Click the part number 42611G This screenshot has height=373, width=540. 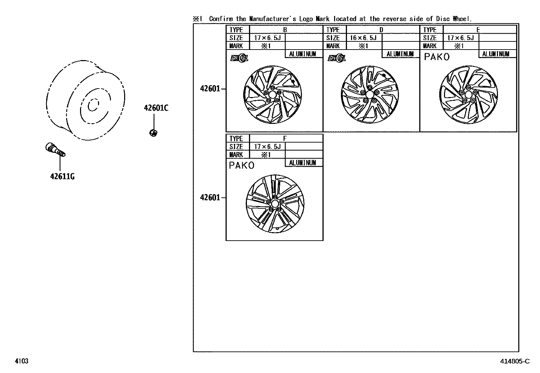[x=62, y=176]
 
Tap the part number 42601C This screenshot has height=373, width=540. [x=156, y=108]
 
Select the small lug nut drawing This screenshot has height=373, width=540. [x=153, y=132]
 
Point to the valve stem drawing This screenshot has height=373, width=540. [x=55, y=150]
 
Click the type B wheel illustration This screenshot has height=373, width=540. [x=273, y=95]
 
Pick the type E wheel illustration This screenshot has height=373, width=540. [x=468, y=95]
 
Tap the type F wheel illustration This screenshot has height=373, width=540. [x=275, y=204]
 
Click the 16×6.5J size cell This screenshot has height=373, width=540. [x=363, y=38]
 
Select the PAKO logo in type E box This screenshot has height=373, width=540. [x=437, y=57]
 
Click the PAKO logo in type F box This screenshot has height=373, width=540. [x=242, y=166]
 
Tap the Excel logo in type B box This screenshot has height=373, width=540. [x=239, y=58]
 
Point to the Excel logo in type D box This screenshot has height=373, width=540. [x=336, y=58]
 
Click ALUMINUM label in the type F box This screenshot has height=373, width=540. [x=303, y=163]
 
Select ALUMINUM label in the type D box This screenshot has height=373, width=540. [x=400, y=54]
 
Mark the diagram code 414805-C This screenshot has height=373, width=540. [x=514, y=361]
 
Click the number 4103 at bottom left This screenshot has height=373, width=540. [x=21, y=361]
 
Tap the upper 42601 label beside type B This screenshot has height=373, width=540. [x=210, y=89]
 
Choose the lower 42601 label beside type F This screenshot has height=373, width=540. [x=210, y=198]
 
